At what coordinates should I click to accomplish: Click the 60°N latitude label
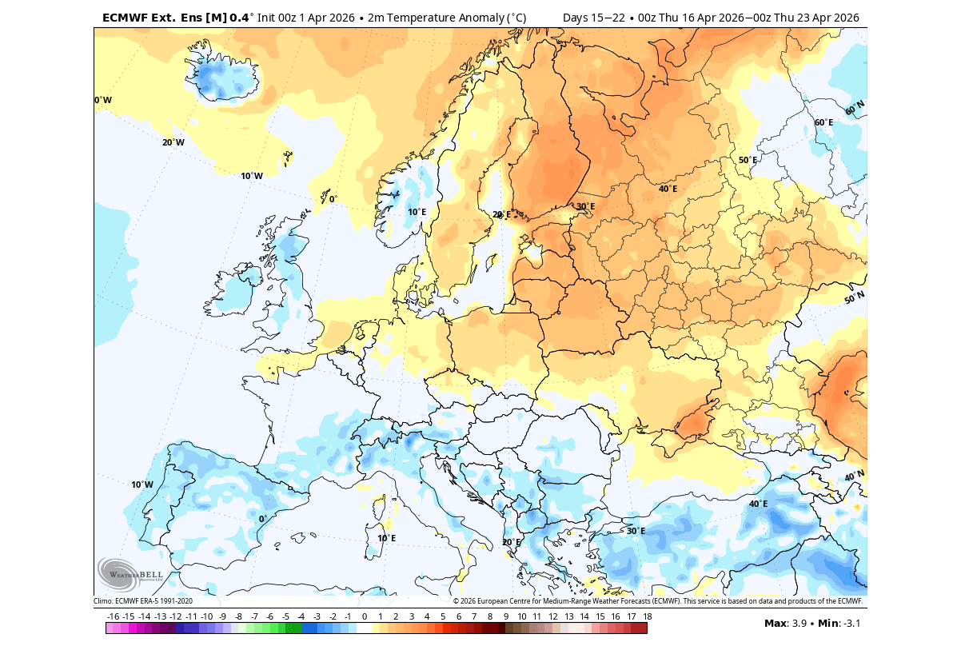855,107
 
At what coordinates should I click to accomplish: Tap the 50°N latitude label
854,298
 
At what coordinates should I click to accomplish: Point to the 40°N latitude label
854,477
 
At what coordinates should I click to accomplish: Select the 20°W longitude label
173,142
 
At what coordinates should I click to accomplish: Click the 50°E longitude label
748,160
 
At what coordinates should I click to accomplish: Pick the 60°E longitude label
823,122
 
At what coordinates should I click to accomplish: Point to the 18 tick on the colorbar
647,616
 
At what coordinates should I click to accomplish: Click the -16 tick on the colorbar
113,616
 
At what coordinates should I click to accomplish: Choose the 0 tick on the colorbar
365,616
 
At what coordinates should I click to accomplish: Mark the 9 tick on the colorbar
506,616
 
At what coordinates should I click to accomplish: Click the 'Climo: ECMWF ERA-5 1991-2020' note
143,601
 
